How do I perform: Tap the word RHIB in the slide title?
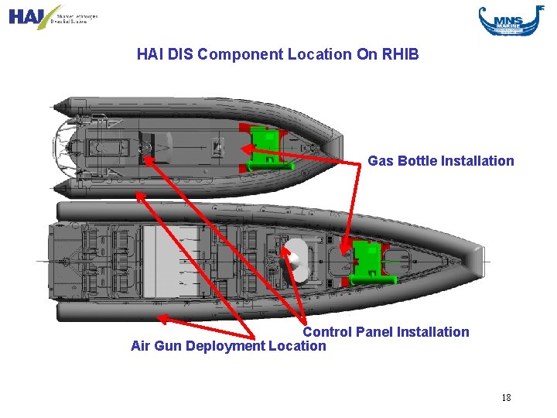coord(400,54)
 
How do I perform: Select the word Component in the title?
coord(231,54)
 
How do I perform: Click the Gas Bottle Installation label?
coord(440,161)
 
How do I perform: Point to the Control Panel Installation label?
coord(385,332)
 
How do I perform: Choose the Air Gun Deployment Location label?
coord(228,346)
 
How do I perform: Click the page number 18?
coord(506,398)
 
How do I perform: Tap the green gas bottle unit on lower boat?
coord(367,259)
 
